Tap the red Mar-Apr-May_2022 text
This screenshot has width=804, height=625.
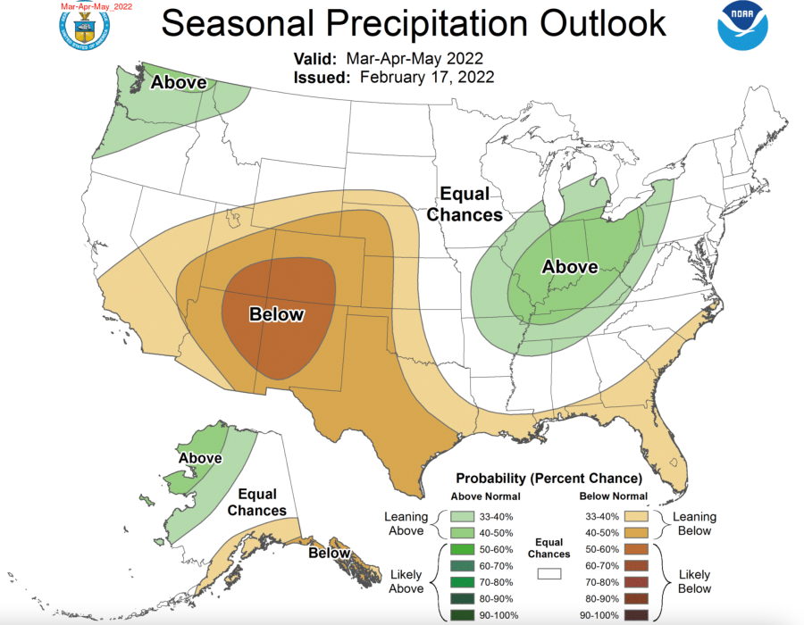96,6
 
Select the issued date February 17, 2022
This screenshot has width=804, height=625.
427,78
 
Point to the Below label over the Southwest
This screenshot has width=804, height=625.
276,314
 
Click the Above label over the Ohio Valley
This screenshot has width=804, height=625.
570,266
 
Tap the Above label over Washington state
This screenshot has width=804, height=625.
179,83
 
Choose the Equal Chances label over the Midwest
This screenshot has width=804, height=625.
464,204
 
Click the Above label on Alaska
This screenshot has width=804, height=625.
200,458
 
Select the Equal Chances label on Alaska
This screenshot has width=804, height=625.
256,502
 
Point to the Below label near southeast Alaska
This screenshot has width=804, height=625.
329,554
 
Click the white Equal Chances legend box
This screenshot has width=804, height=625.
549,576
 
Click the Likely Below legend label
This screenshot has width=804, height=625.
694,581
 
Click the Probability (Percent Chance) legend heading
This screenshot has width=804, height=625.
549,478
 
